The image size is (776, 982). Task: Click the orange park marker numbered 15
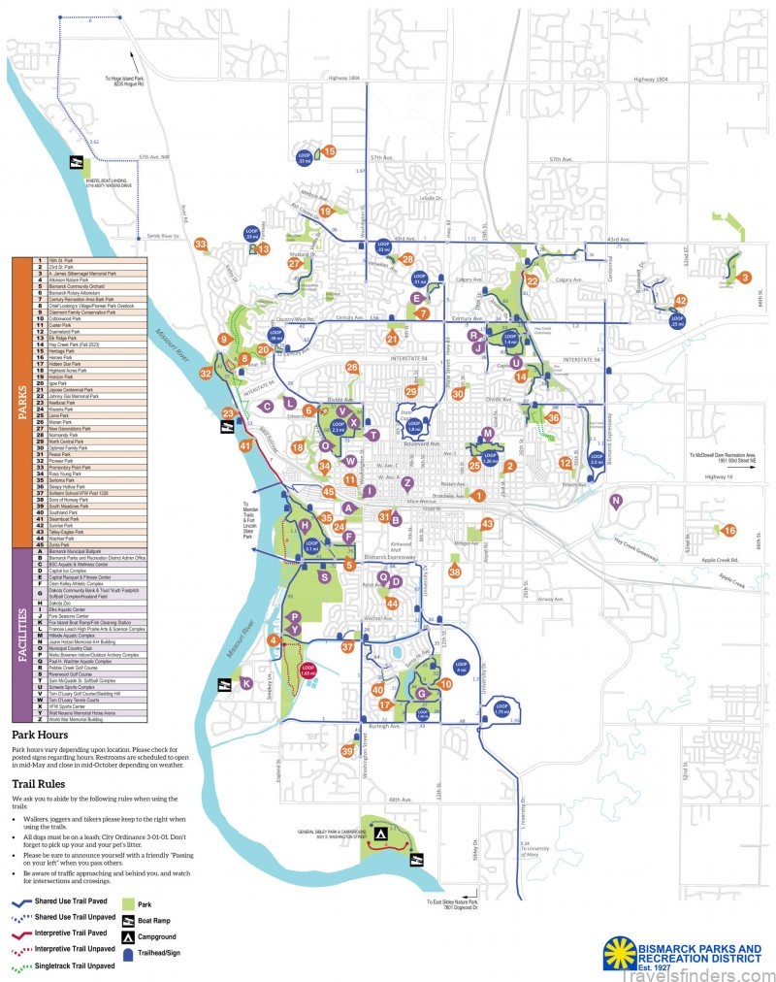click(329, 151)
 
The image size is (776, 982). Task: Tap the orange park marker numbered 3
click(745, 278)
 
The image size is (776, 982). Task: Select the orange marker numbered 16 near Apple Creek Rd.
click(729, 530)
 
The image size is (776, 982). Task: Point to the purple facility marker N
click(615, 500)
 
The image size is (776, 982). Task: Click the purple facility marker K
click(247, 683)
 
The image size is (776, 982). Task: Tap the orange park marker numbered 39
click(347, 750)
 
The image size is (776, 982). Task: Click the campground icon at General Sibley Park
click(380, 834)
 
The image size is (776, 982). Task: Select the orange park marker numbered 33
click(200, 244)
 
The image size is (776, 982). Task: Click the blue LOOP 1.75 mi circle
click(501, 708)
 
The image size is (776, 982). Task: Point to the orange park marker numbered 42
click(681, 301)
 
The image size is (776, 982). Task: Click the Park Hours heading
click(41, 736)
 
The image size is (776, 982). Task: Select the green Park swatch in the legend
click(127, 902)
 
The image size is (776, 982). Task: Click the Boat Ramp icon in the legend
click(127, 920)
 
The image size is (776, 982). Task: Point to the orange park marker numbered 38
click(455, 572)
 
